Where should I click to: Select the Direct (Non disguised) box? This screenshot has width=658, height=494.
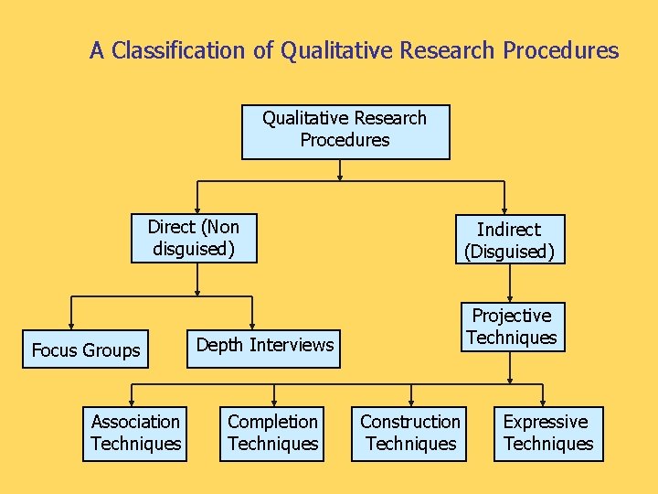pos(194,238)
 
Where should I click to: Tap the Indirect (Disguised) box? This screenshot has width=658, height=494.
pos(510,240)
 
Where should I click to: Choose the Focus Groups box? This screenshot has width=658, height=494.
pos(86,349)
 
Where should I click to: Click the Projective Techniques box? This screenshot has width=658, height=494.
pos(511,327)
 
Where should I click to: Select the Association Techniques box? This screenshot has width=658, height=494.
pos(135,434)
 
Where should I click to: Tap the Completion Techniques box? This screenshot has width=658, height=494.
pos(272,434)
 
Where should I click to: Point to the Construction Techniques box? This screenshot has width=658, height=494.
pos(410,434)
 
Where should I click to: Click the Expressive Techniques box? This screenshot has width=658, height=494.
pos(547,434)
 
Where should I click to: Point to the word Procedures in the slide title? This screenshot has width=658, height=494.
pos(560,50)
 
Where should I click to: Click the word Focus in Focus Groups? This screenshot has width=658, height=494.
pos(55,350)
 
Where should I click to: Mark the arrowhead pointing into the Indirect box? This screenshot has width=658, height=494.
pos(504,211)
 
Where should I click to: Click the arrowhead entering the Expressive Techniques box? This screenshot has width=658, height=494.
pos(543,403)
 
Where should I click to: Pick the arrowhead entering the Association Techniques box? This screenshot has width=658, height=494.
pos(133,403)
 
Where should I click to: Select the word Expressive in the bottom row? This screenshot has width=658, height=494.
pos(546,422)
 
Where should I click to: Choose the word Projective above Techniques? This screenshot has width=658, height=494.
pos(511,316)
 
